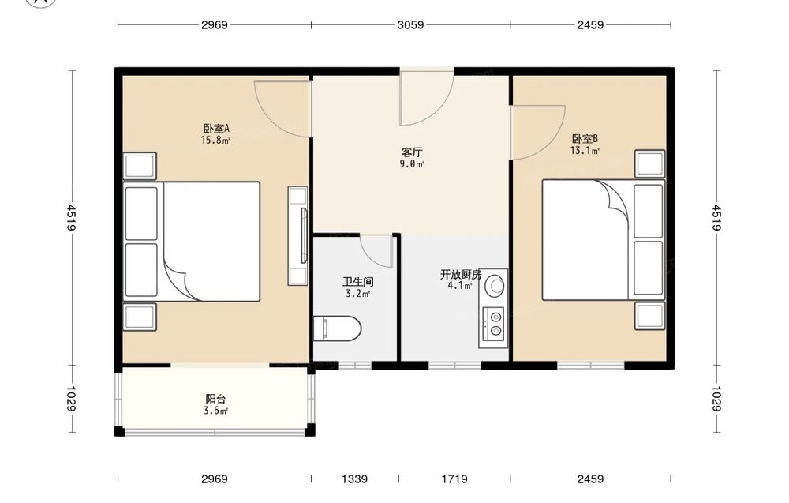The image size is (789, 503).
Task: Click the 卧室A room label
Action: tap(216, 129)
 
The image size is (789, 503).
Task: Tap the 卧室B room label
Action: tap(585, 139)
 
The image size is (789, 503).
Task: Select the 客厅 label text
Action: tap(412, 152)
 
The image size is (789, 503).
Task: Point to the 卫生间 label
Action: tap(357, 282)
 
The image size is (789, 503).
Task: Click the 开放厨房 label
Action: tap(461, 275)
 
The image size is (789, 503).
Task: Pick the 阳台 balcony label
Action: tap(215, 400)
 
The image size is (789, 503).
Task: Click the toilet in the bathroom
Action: tap(337, 328)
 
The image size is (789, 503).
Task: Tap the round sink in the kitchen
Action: tap(495, 285)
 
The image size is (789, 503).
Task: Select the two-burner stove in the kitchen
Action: tap(493, 324)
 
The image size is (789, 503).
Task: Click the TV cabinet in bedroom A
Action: tap(297, 235)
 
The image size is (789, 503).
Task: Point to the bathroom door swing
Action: tap(376, 251)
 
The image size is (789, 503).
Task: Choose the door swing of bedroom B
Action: tap(537, 133)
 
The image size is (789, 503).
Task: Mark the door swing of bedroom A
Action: tap(282, 108)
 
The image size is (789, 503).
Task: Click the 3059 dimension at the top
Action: tap(410, 24)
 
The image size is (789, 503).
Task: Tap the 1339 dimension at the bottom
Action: tap(355, 479)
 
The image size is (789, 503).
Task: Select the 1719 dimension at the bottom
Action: tap(454, 479)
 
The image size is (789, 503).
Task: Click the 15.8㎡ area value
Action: tap(215, 141)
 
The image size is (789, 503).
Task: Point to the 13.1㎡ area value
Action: tap(585, 151)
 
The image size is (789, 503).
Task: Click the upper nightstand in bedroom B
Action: tap(649, 163)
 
